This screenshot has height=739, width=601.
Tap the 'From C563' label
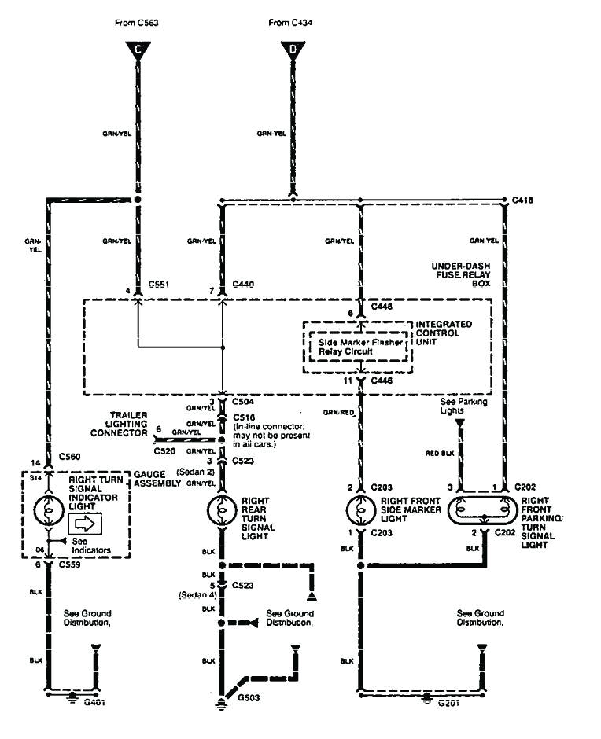pyautogui.click(x=137, y=24)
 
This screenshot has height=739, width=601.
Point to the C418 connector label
pyautogui.click(x=522, y=200)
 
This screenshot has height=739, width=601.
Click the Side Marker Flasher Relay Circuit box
pyautogui.click(x=359, y=347)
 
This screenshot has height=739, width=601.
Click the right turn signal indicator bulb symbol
pyautogui.click(x=49, y=510)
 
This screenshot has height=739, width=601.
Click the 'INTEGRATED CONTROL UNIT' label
pyautogui.click(x=444, y=332)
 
